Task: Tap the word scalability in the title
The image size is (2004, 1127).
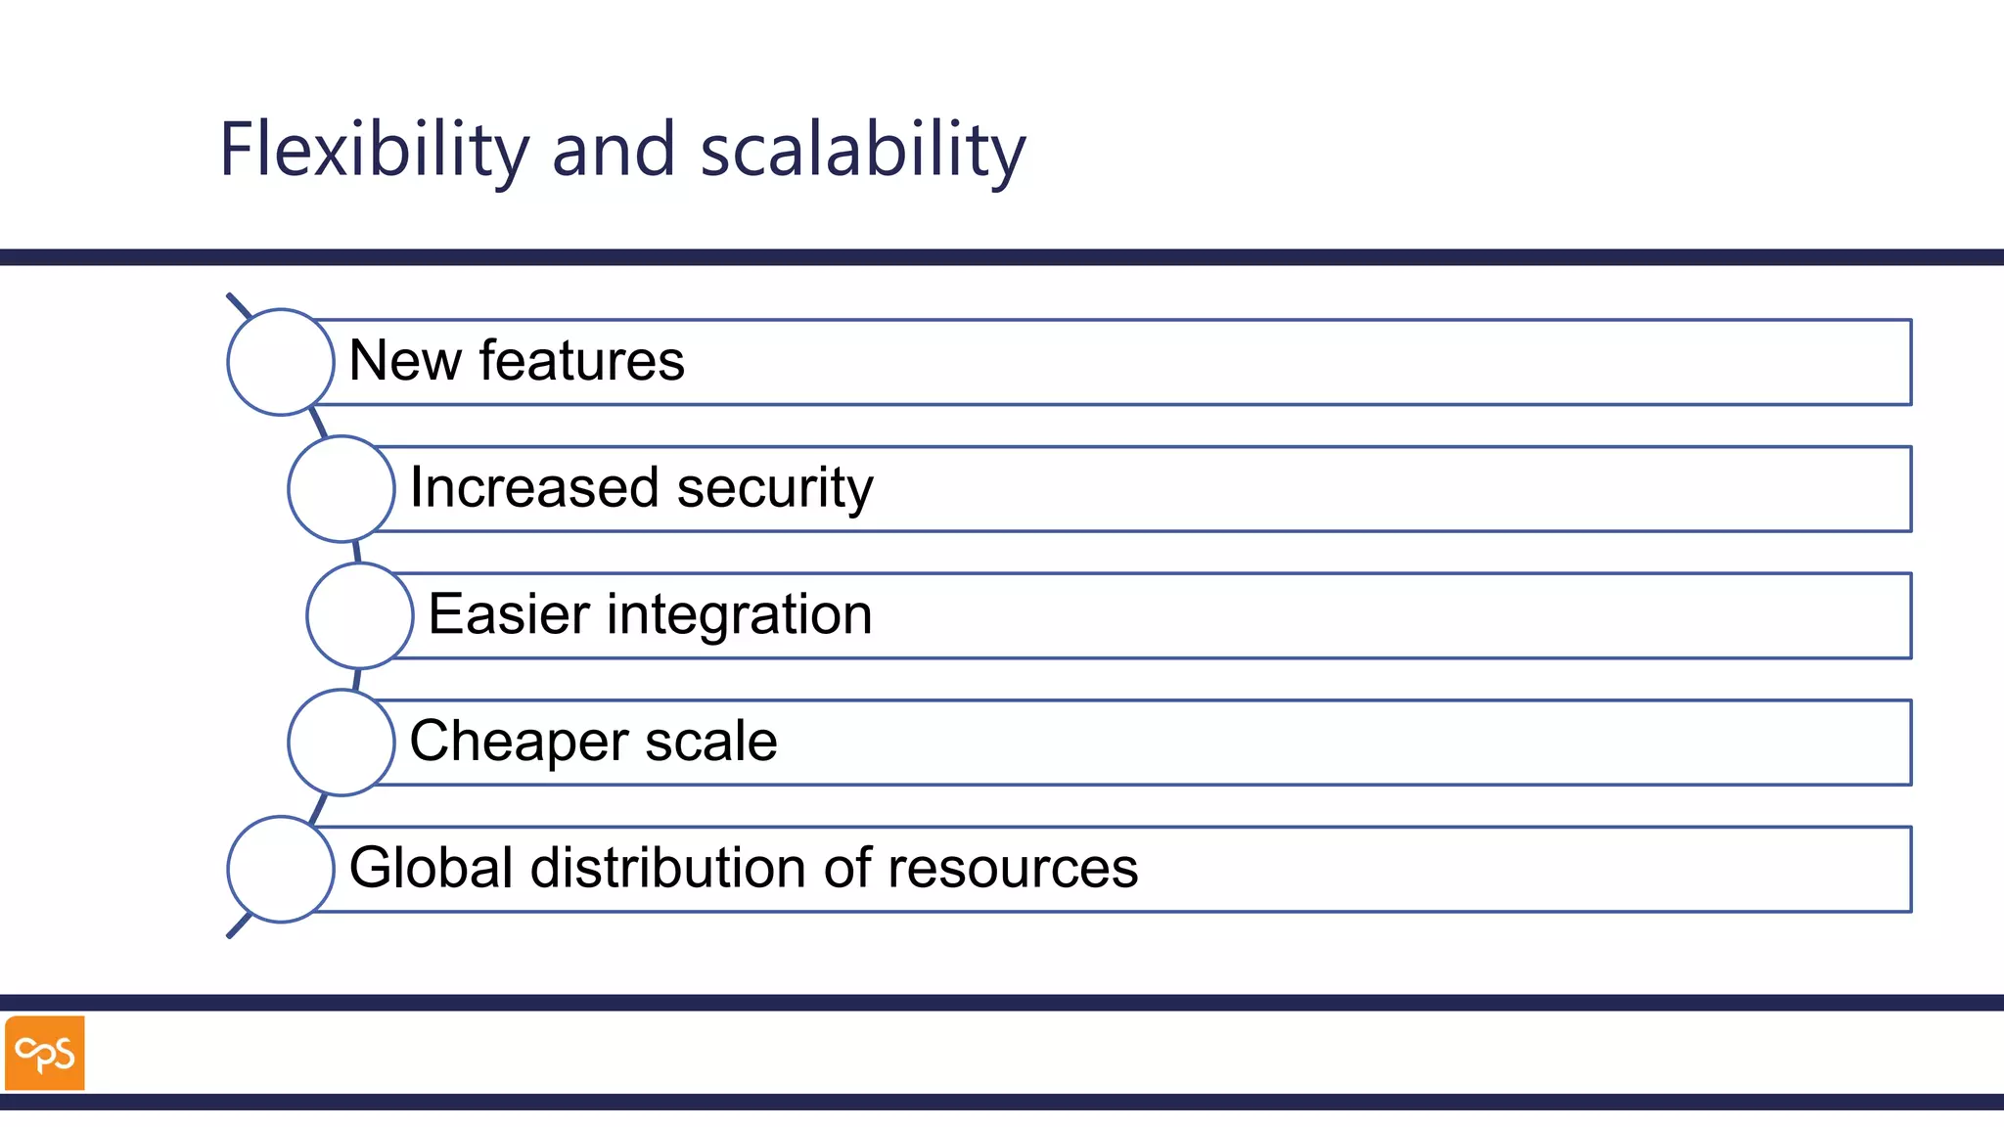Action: [x=863, y=151]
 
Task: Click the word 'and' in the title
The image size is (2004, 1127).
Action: [x=614, y=151]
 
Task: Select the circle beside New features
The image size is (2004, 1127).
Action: [x=281, y=362]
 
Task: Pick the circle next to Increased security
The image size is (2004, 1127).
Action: [x=342, y=489]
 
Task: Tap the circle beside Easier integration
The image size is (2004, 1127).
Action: [x=360, y=615]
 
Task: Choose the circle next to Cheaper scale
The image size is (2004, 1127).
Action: [x=342, y=743]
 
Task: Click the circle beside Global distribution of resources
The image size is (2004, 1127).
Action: [x=281, y=869]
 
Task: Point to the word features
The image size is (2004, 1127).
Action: [x=582, y=361]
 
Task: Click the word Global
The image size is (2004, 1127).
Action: [x=432, y=868]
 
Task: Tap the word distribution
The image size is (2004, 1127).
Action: [x=668, y=868]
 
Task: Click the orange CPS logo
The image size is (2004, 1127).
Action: [x=45, y=1053]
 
